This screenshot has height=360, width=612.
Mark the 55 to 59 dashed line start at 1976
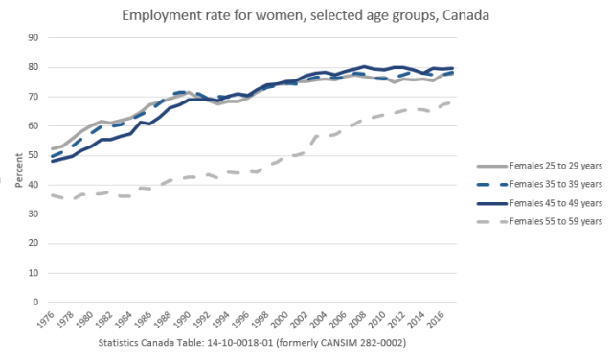tap(52, 195)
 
